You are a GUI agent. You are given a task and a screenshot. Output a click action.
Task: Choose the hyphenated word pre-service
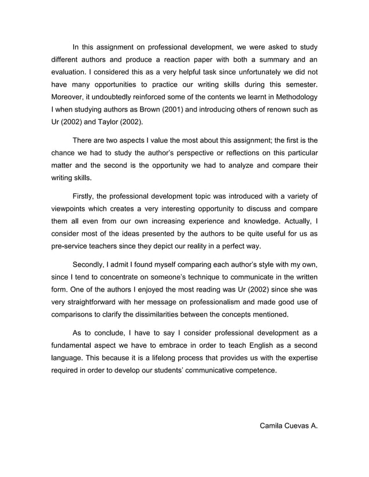pos(68,245)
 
